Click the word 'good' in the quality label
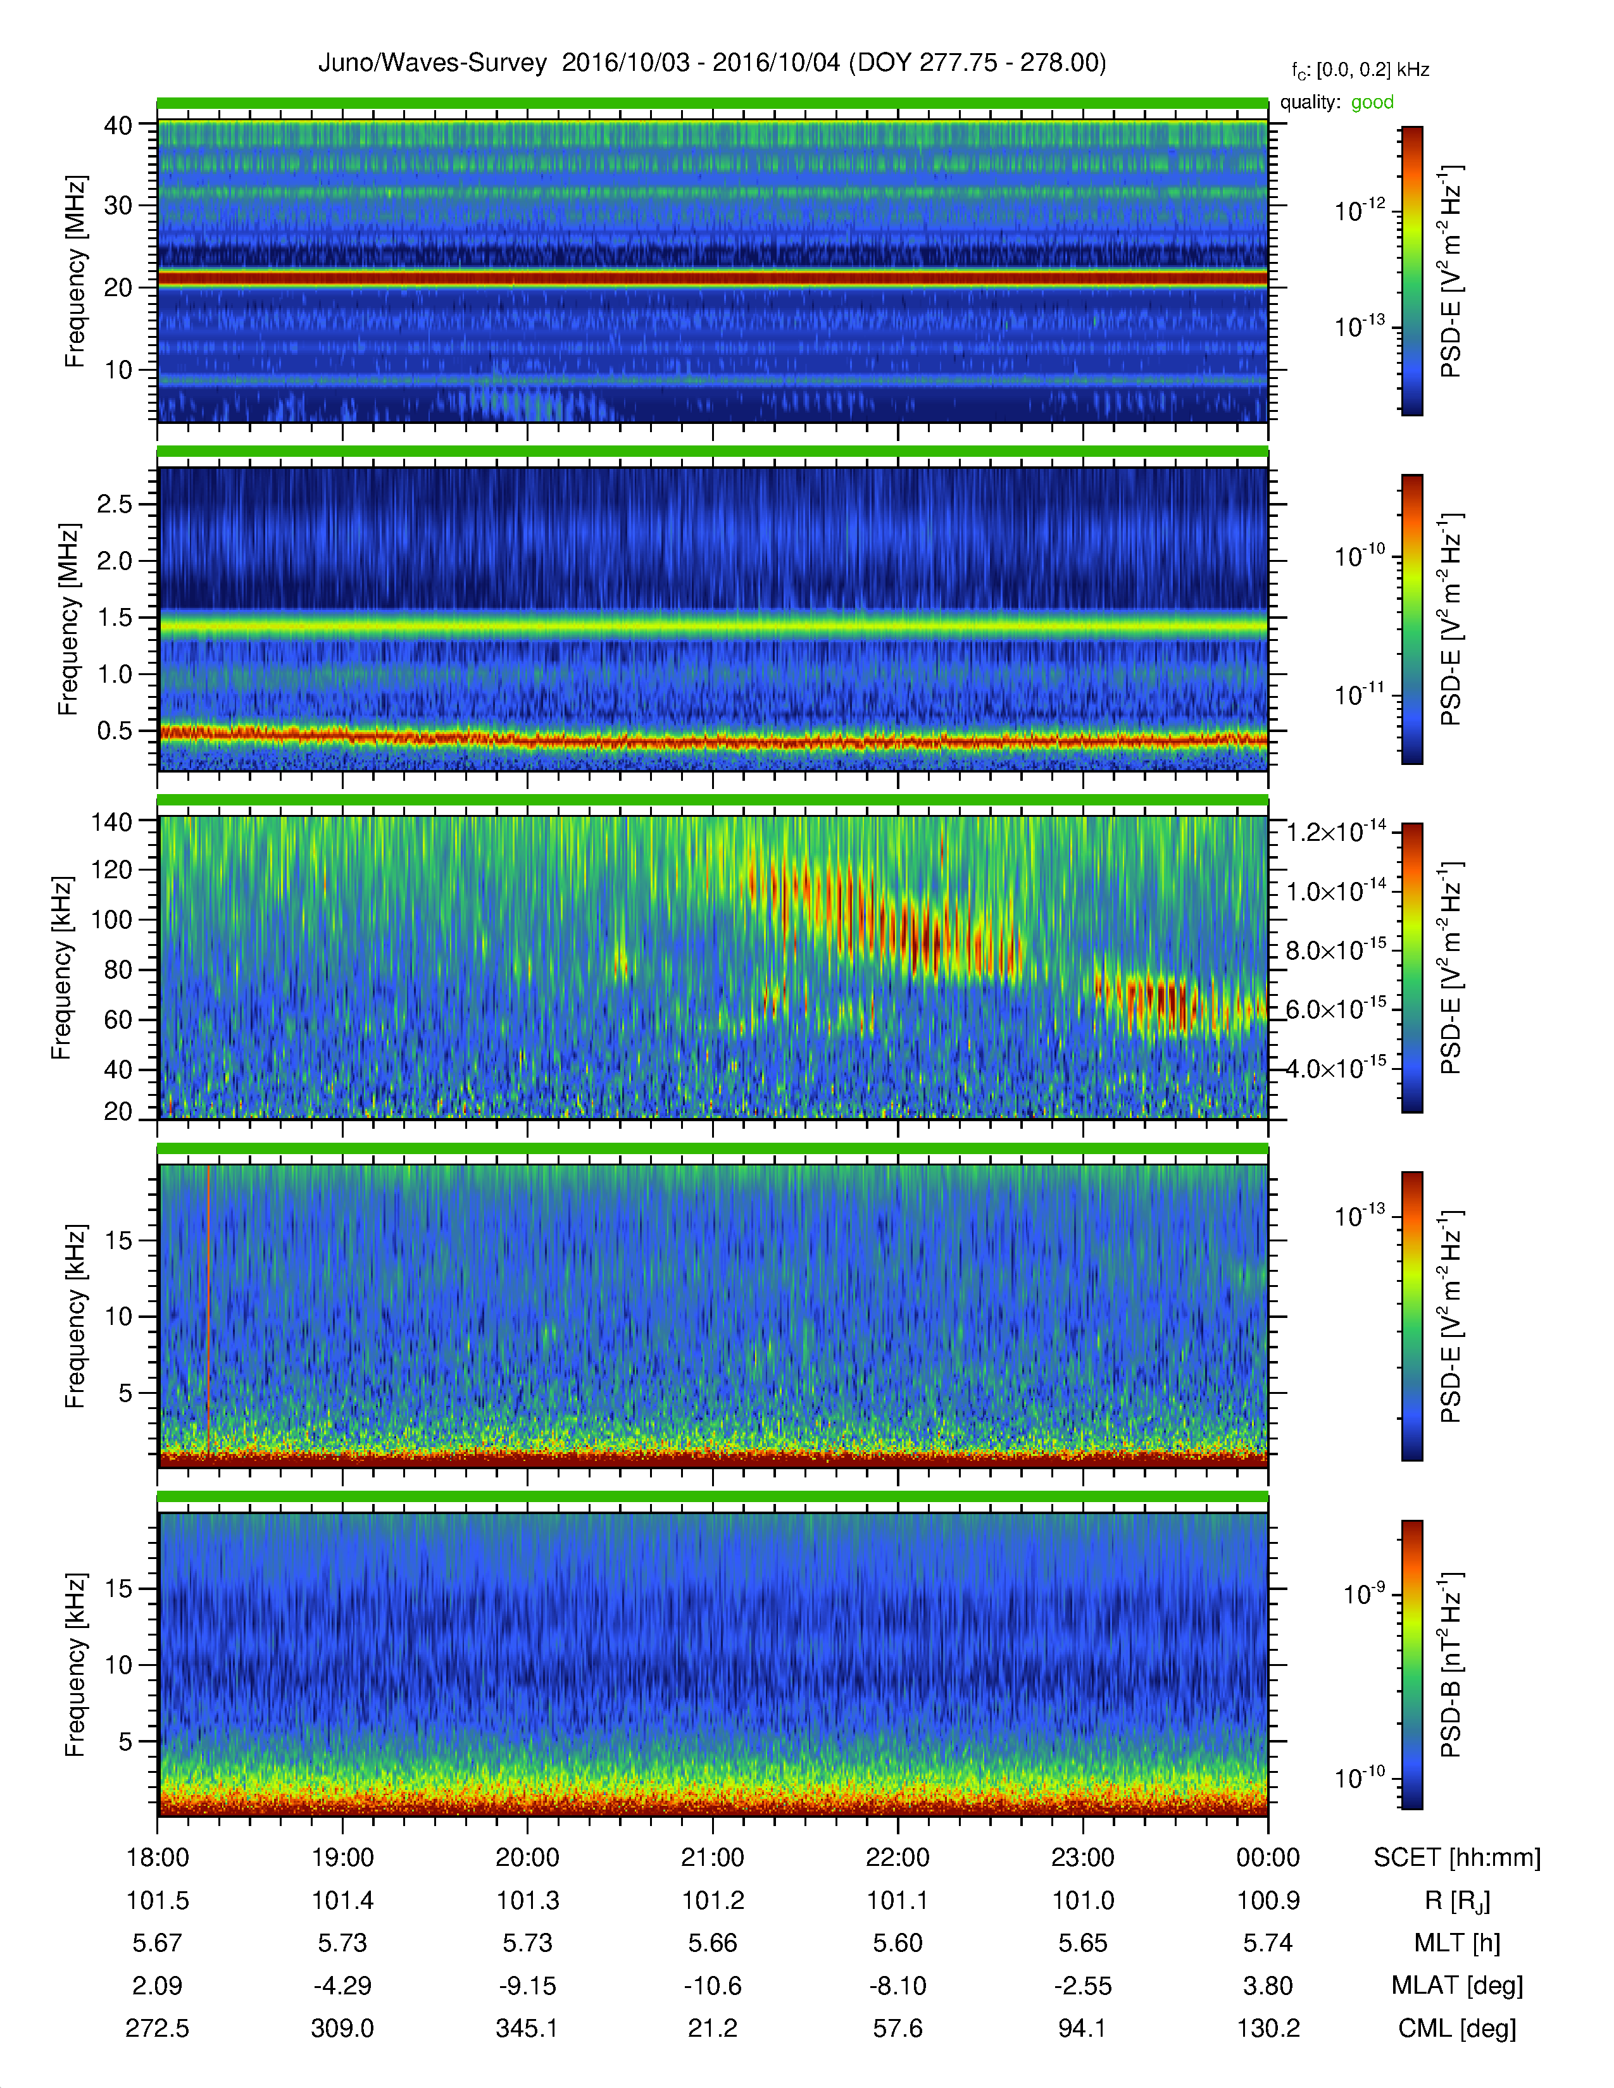pos(1372,103)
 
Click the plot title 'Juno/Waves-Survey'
pos(432,63)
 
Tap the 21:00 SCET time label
pos(712,1858)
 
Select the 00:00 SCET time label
pos(1268,1858)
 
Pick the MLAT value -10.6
pos(712,1985)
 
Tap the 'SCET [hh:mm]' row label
pos(1457,1858)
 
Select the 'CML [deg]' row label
pos(1457,2029)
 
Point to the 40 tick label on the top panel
pos(118,125)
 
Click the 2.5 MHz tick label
pos(115,504)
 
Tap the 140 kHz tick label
pos(112,821)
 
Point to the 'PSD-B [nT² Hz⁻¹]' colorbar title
pos(1451,1665)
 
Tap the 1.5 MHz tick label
pos(115,618)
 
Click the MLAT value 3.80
pos(1268,1985)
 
